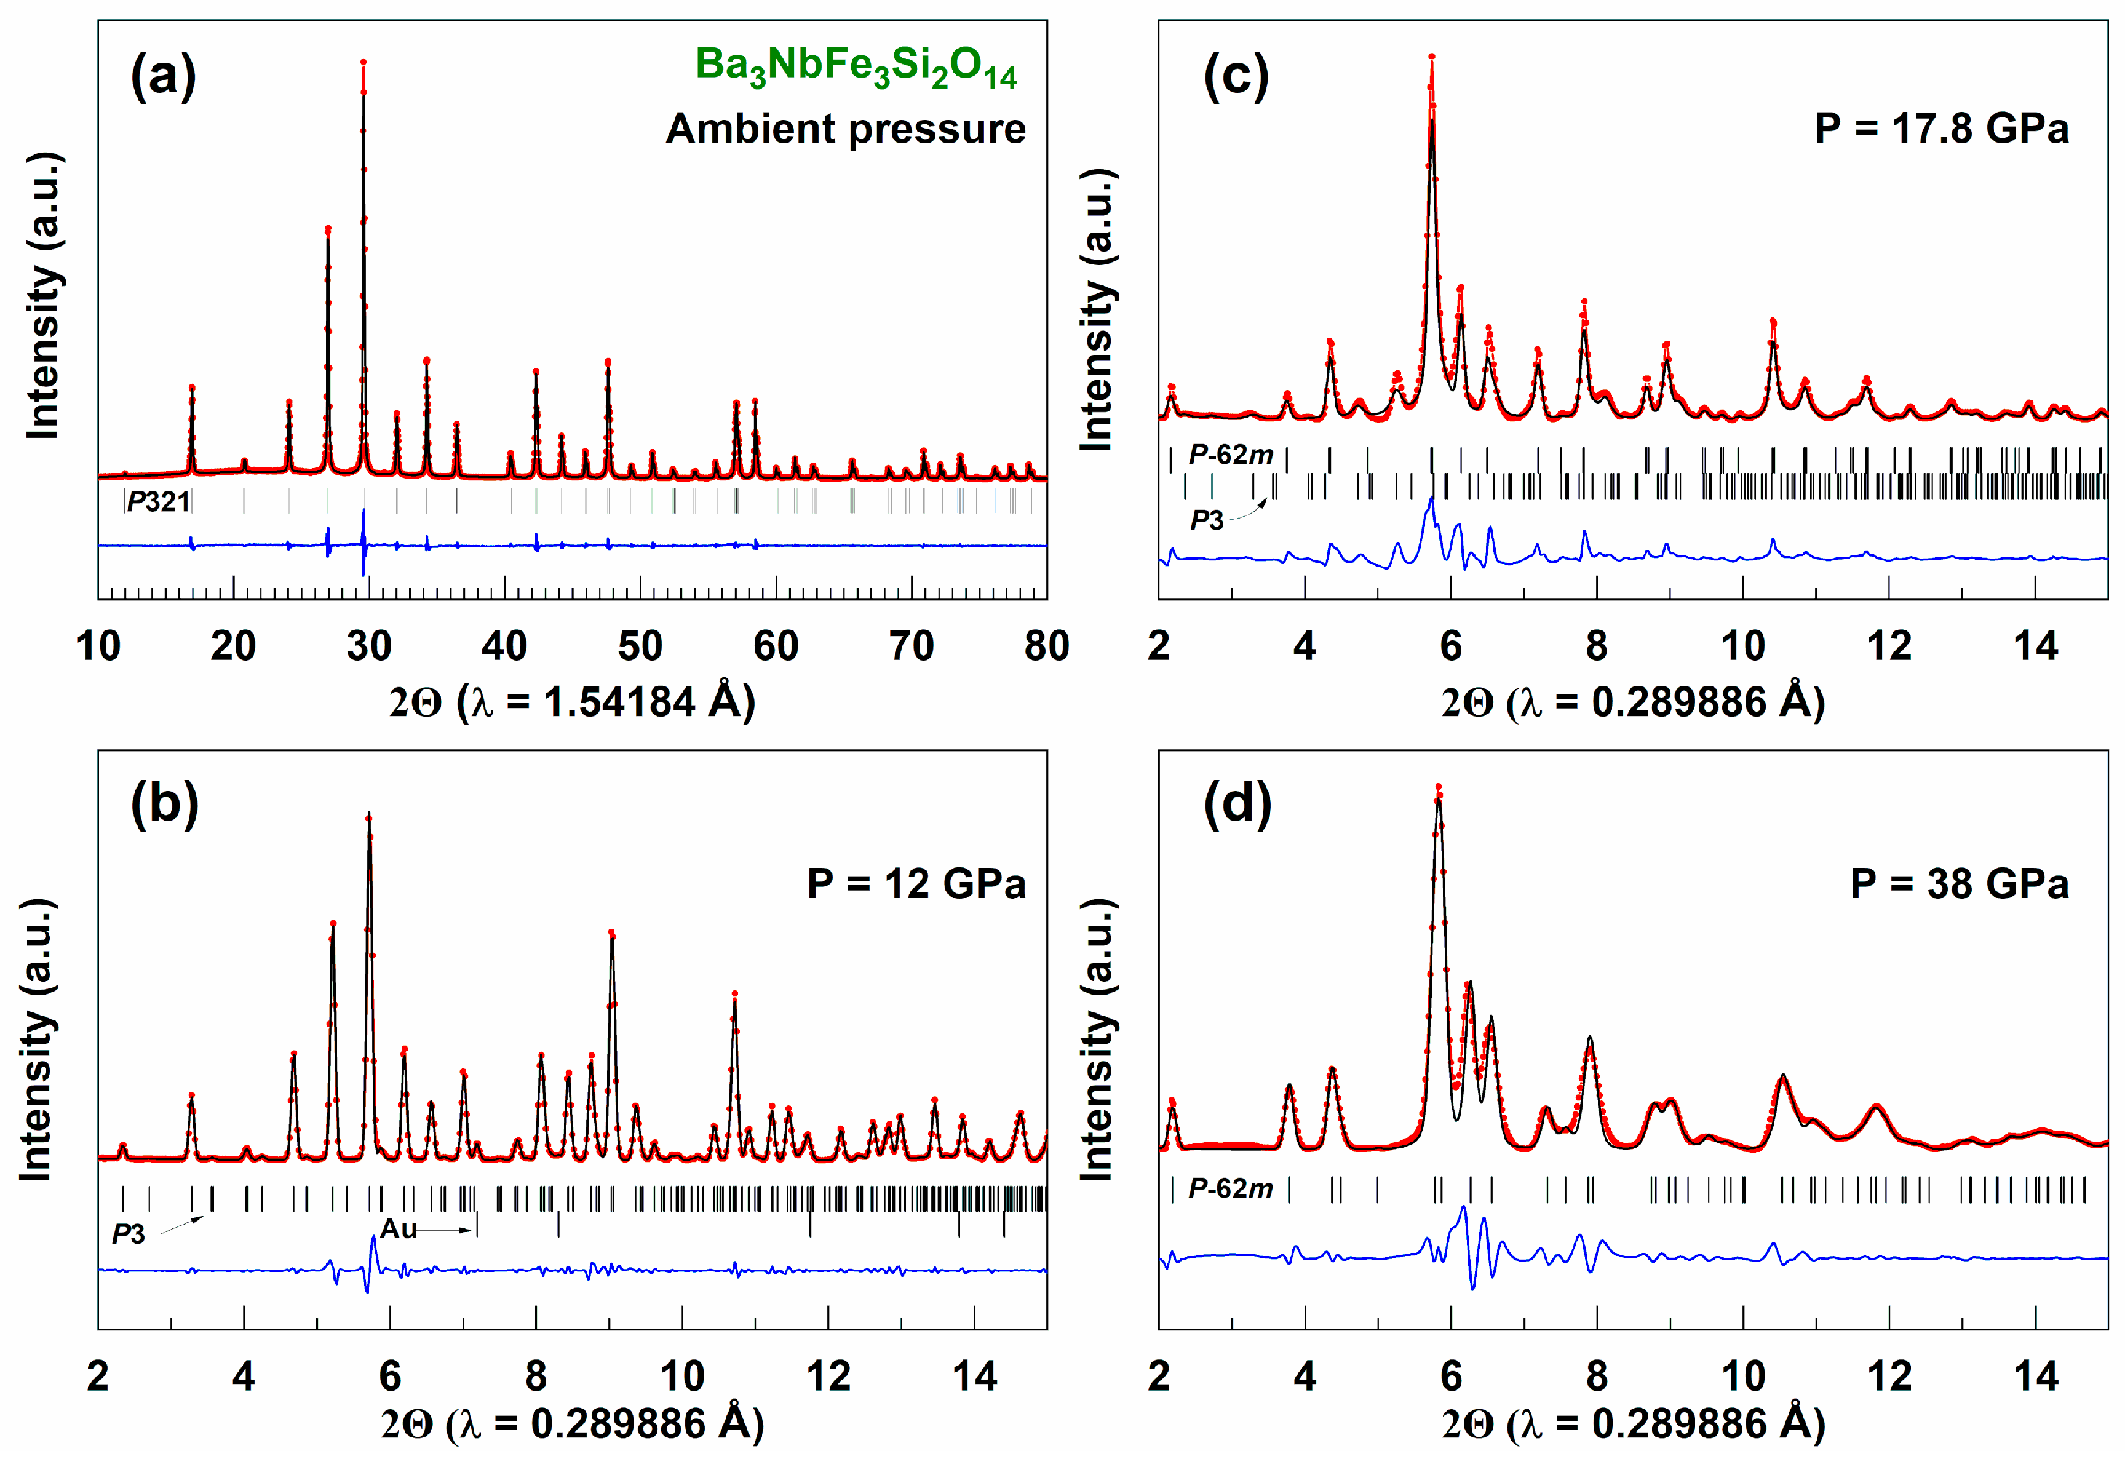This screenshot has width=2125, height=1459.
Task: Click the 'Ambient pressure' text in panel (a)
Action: pos(845,129)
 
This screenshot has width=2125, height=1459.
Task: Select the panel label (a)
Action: pos(163,77)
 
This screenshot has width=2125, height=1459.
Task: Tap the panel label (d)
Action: pos(1236,805)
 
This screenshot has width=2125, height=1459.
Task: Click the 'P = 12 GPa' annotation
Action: pos(916,884)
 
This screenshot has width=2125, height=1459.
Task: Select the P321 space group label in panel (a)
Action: pos(158,501)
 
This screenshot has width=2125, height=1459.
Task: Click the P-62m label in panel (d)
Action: pos(1230,1188)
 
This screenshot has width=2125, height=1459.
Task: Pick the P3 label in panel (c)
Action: pos(1206,521)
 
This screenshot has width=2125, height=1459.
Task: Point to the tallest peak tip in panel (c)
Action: pos(1431,57)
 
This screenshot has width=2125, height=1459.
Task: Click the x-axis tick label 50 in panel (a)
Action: pos(639,647)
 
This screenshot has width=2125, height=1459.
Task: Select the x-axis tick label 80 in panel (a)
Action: pos(1046,647)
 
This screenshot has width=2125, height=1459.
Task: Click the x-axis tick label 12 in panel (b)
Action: pos(827,1377)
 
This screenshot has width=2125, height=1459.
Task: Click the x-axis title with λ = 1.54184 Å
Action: pos(573,702)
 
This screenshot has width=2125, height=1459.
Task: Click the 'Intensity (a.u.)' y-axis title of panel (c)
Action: pos(1097,311)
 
